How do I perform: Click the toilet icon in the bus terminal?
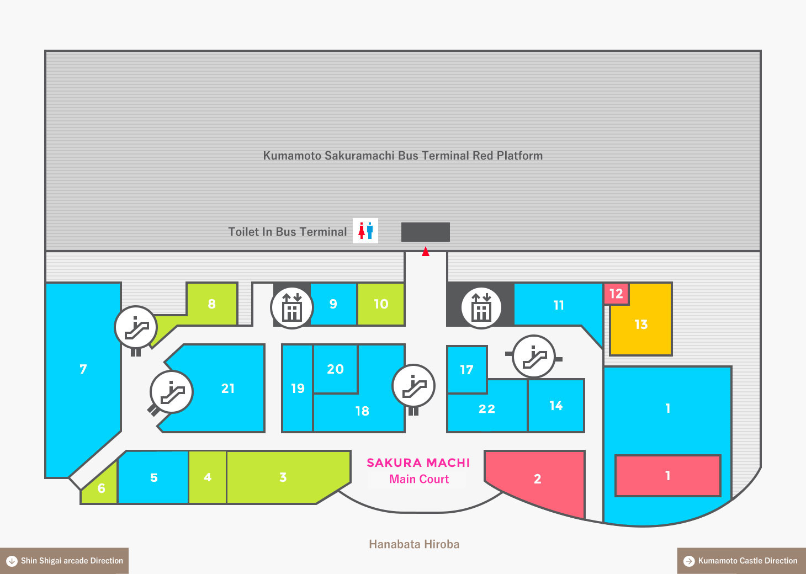[365, 231]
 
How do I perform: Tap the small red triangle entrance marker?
[426, 252]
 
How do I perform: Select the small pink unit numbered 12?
[616, 294]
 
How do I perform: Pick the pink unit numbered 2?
[537, 479]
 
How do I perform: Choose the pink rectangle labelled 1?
[667, 476]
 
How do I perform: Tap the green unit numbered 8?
[212, 304]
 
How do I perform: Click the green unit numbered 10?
[381, 304]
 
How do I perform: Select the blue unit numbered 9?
[333, 304]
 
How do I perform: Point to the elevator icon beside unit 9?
[291, 307]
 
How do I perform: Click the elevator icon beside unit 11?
[481, 307]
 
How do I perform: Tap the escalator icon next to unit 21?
[172, 392]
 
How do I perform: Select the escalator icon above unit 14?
[533, 357]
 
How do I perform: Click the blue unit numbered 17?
[466, 369]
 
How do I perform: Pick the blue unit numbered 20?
[335, 369]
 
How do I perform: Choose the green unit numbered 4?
[208, 477]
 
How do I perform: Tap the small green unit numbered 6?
[102, 488]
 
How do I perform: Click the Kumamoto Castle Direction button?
[741, 561]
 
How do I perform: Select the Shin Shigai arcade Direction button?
[64, 561]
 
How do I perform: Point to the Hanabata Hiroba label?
[414, 544]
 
